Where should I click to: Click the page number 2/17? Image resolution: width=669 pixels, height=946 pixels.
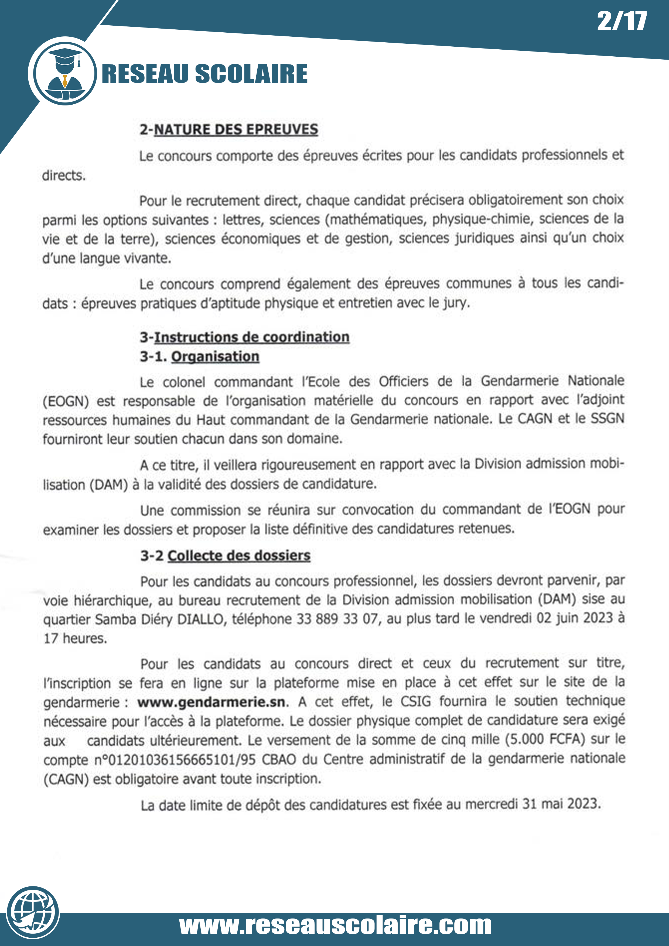coord(622,21)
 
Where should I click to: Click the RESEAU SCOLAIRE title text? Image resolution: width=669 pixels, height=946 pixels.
coord(204,74)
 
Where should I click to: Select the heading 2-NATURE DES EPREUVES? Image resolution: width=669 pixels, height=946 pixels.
coord(229,130)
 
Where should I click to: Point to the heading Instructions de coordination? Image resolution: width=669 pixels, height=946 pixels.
coord(251,337)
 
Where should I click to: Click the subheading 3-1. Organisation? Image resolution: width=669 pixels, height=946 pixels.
coord(200,357)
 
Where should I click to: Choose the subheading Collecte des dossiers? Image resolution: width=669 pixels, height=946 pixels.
coord(239,556)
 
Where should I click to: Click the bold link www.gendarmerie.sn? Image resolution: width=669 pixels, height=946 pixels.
coord(211,702)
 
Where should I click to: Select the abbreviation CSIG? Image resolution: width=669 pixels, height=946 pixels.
coord(415,701)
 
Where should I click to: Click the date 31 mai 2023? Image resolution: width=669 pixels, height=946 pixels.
coord(561,804)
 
